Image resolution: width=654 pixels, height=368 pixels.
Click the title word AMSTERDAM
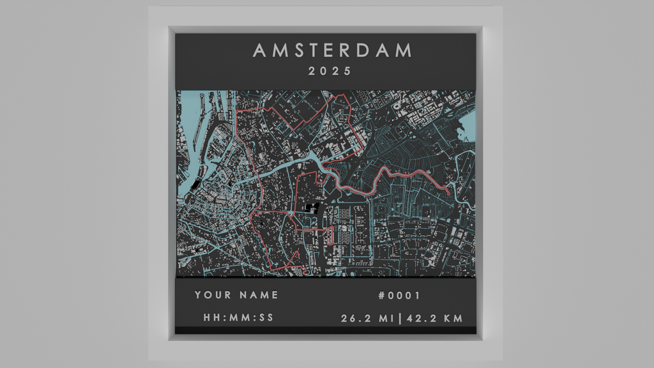(332, 50)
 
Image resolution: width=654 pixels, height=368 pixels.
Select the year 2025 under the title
(330, 72)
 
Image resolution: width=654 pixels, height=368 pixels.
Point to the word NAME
(259, 295)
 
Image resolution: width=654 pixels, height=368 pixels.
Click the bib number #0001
(399, 295)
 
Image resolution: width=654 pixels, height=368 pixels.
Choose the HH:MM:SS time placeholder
(238, 318)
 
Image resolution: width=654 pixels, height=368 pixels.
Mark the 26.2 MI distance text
(367, 318)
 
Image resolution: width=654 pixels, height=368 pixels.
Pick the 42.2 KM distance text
(436, 318)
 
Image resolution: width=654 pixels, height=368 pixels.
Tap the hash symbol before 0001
(382, 295)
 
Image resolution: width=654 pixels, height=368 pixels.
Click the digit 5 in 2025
(348, 72)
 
